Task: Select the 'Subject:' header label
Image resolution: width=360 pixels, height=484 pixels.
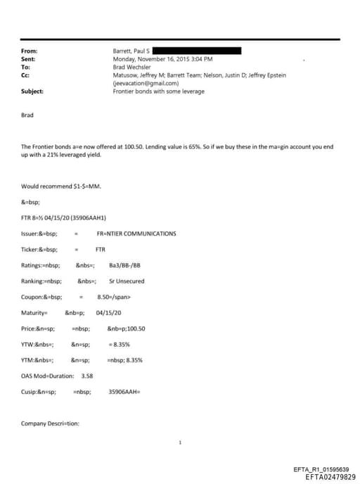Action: [32, 91]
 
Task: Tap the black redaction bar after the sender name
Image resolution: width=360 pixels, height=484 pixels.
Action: [196, 51]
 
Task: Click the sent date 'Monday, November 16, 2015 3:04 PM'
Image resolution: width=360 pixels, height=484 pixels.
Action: [162, 60]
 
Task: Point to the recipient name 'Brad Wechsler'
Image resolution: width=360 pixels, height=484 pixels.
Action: [132, 68]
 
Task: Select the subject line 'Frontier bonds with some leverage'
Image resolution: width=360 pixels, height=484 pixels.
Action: [159, 91]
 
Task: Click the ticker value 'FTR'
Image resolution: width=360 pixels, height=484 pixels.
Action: [100, 249]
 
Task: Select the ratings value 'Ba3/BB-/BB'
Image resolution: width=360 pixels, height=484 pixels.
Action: [125, 265]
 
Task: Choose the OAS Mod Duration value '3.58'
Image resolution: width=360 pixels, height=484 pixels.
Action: [88, 376]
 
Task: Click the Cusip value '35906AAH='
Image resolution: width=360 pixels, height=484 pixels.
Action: [126, 392]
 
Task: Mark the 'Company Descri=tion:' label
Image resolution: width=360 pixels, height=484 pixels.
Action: [51, 423]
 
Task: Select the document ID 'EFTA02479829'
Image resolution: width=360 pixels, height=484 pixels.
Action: [330, 477]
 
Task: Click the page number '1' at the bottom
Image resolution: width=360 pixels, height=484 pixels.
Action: [180, 443]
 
